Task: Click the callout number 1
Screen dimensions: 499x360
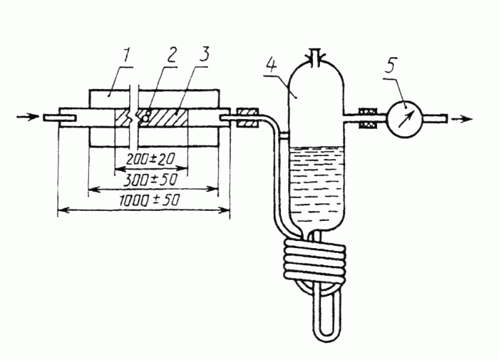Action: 126,56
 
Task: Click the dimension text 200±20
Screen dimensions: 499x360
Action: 150,159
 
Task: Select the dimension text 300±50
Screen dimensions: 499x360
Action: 150,180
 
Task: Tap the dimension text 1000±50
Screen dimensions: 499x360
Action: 149,200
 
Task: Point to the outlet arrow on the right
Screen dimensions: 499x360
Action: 462,119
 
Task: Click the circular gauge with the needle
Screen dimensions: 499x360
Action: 404,118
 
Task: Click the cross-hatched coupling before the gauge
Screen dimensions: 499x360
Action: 369,118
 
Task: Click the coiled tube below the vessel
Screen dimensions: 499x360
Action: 315,261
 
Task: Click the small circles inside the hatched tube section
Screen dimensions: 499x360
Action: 146,116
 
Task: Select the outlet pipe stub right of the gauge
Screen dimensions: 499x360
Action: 435,119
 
